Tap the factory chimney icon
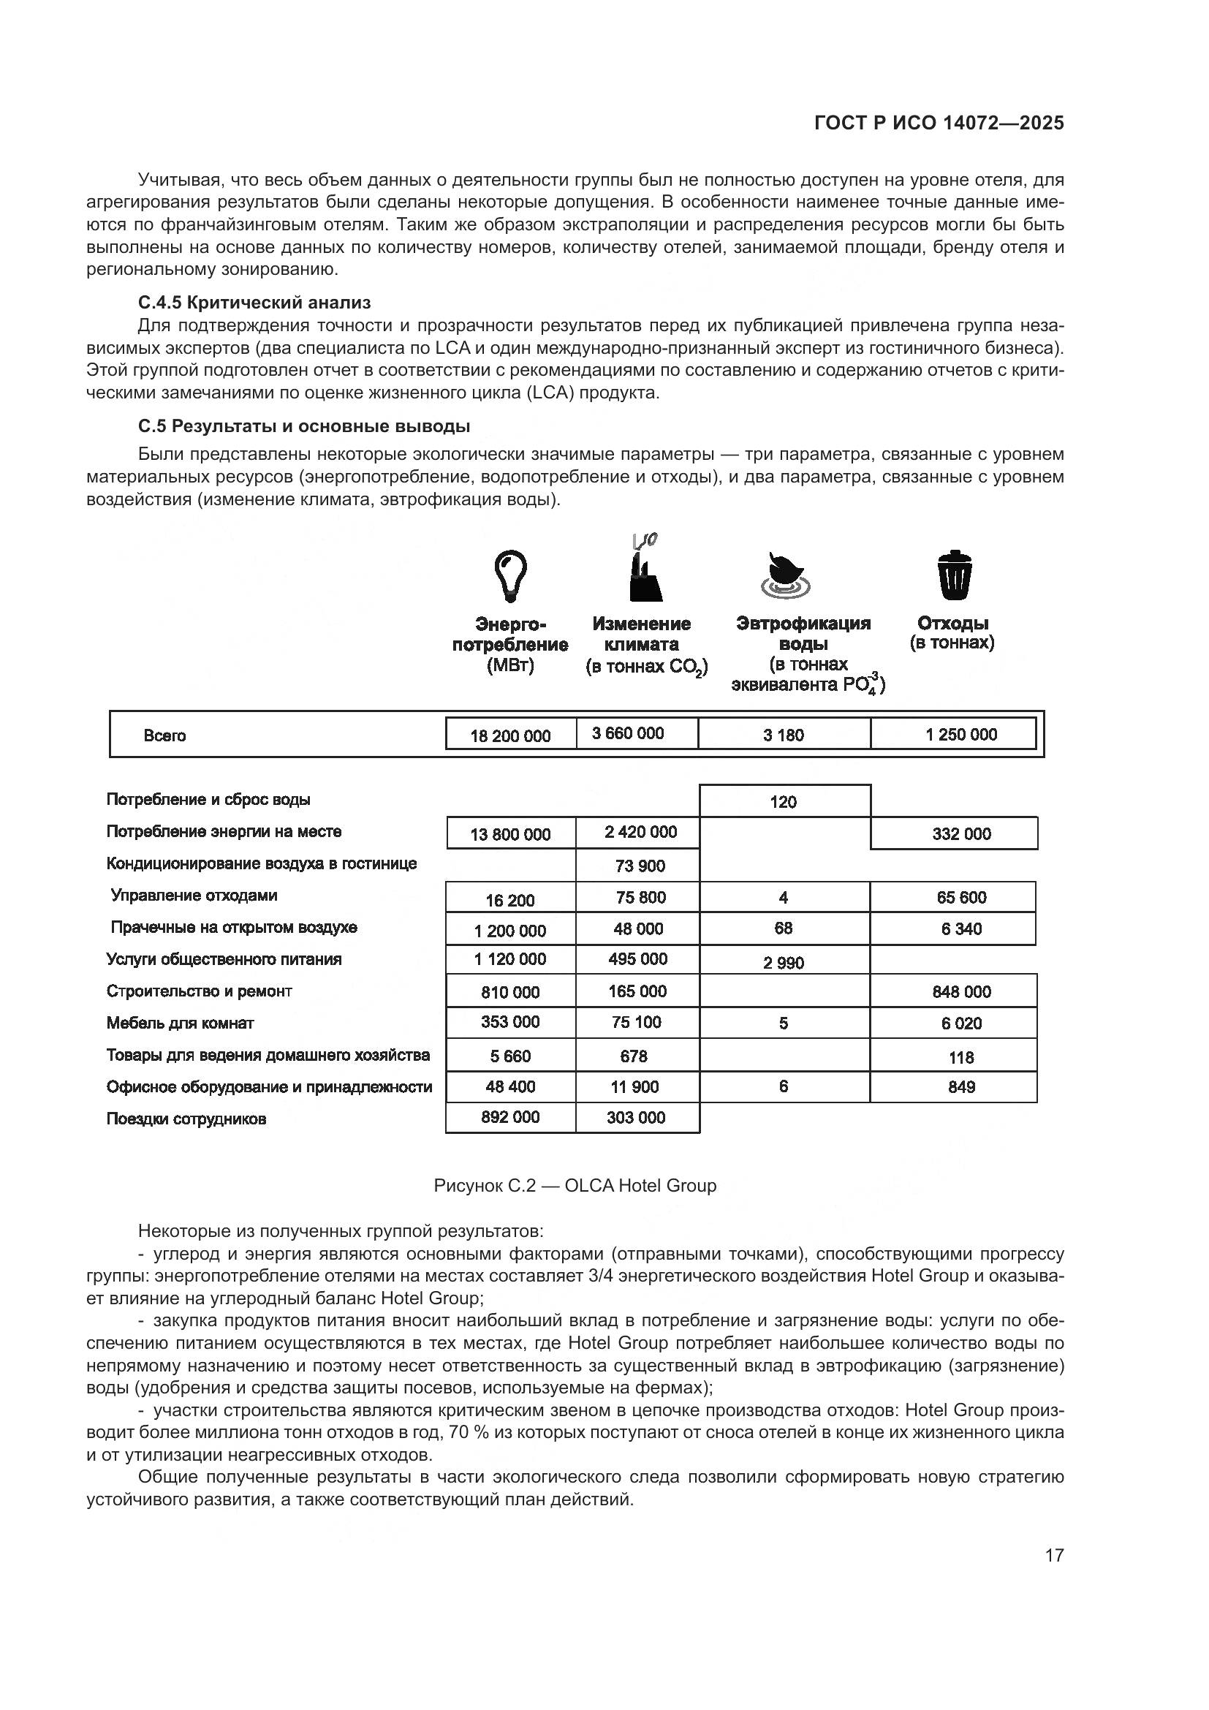pyautogui.click(x=645, y=572)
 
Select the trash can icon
pyautogui.click(x=954, y=575)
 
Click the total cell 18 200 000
pyautogui.click(x=511, y=735)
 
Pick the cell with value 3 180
pyautogui.click(x=783, y=735)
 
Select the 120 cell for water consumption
pyautogui.click(x=783, y=802)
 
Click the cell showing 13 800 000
pyautogui.click(x=511, y=834)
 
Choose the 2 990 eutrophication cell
pyautogui.click(x=783, y=963)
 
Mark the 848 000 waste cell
pyautogui.click(x=961, y=991)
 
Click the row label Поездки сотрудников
pyautogui.click(x=186, y=1119)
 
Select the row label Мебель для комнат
pyautogui.click(x=180, y=1024)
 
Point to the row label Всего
pyautogui.click(x=164, y=736)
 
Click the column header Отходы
pyautogui.click(x=952, y=624)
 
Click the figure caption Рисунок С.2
pyautogui.click(x=575, y=1186)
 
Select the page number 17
pyautogui.click(x=1054, y=1555)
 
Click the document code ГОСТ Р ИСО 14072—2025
pyautogui.click(x=939, y=123)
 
